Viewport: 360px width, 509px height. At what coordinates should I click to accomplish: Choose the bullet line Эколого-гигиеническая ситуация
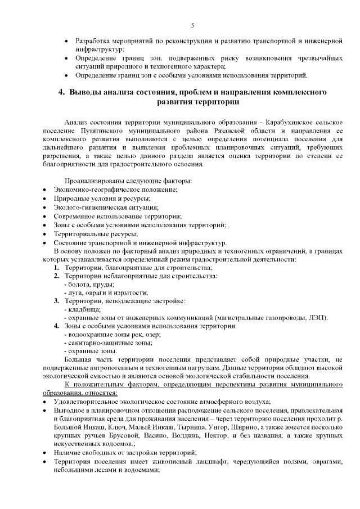pos(98,208)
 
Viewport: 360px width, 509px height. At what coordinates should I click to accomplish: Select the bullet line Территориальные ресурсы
pos(96,233)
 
